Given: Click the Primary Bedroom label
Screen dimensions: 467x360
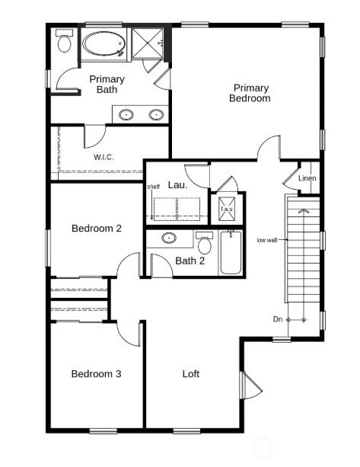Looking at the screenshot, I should coord(251,93).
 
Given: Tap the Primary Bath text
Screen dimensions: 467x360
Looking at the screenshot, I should coord(107,85).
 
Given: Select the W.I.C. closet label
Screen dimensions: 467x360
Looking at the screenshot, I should coord(105,157).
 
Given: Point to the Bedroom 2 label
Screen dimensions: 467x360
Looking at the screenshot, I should coord(97,228).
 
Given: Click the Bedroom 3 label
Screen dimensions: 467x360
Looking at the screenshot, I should coord(97,373).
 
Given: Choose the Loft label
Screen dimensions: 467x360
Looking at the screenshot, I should coord(191,373).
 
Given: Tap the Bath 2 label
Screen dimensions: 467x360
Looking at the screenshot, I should coord(190,261).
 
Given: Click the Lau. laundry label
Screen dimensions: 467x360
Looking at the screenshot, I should coord(177,184).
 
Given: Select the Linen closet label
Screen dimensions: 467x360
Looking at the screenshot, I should coord(307,179).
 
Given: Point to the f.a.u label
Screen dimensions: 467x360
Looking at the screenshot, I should coord(227,208).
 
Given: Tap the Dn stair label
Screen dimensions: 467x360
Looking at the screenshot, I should coord(279,319).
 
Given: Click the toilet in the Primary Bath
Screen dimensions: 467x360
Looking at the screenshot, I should coord(64,43).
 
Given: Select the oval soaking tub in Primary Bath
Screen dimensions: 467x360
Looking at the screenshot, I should coord(104,44).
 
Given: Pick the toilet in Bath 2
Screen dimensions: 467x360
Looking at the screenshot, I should coord(204,244).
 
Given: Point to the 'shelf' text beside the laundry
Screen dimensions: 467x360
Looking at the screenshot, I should coord(153,185).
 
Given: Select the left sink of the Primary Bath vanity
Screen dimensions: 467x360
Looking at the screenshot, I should coord(126,115).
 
